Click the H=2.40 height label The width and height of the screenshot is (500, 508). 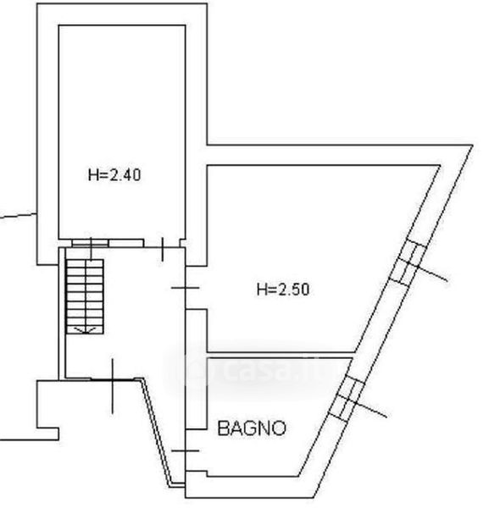pos(114,175)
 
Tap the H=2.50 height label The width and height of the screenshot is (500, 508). pos(283,290)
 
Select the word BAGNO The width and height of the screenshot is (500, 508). pos(252,428)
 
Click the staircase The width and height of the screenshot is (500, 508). pos(85,296)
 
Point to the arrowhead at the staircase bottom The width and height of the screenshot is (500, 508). pos(85,330)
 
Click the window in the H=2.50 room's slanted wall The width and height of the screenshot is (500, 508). pos(408,264)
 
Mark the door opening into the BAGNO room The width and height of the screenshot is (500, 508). pos(186,450)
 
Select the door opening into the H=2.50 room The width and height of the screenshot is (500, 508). pos(186,288)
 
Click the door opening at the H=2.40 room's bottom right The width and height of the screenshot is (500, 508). pos(162,244)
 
